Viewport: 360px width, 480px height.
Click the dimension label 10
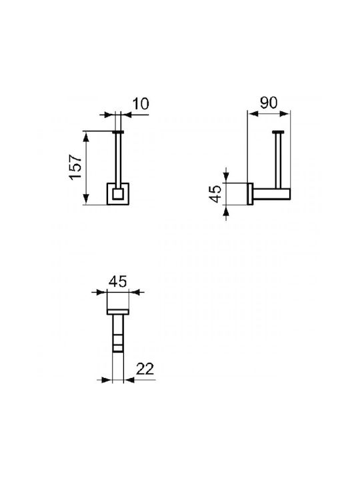(x=141, y=104)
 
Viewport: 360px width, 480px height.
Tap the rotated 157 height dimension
(x=75, y=167)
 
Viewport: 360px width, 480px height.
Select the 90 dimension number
(x=269, y=103)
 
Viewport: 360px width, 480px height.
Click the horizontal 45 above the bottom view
(x=118, y=281)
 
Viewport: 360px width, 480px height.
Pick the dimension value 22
(x=145, y=369)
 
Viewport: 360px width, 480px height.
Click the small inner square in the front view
(x=117, y=194)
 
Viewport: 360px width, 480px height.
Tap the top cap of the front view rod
(x=118, y=132)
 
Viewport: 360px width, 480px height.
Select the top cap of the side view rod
(x=278, y=132)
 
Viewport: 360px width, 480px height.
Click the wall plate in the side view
(x=250, y=194)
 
